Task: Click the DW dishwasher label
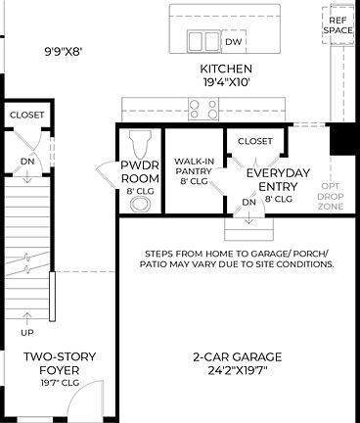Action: click(233, 42)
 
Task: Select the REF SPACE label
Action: click(337, 24)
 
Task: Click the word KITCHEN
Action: click(226, 69)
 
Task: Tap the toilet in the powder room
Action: click(139, 141)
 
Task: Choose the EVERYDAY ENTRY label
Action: click(277, 179)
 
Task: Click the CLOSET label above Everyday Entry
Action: click(255, 141)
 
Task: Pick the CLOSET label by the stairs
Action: click(26, 115)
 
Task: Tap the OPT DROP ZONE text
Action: click(331, 197)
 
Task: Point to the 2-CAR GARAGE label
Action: click(239, 356)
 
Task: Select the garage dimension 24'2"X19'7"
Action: click(239, 371)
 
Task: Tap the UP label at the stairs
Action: click(26, 317)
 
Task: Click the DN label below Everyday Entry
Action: click(248, 203)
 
